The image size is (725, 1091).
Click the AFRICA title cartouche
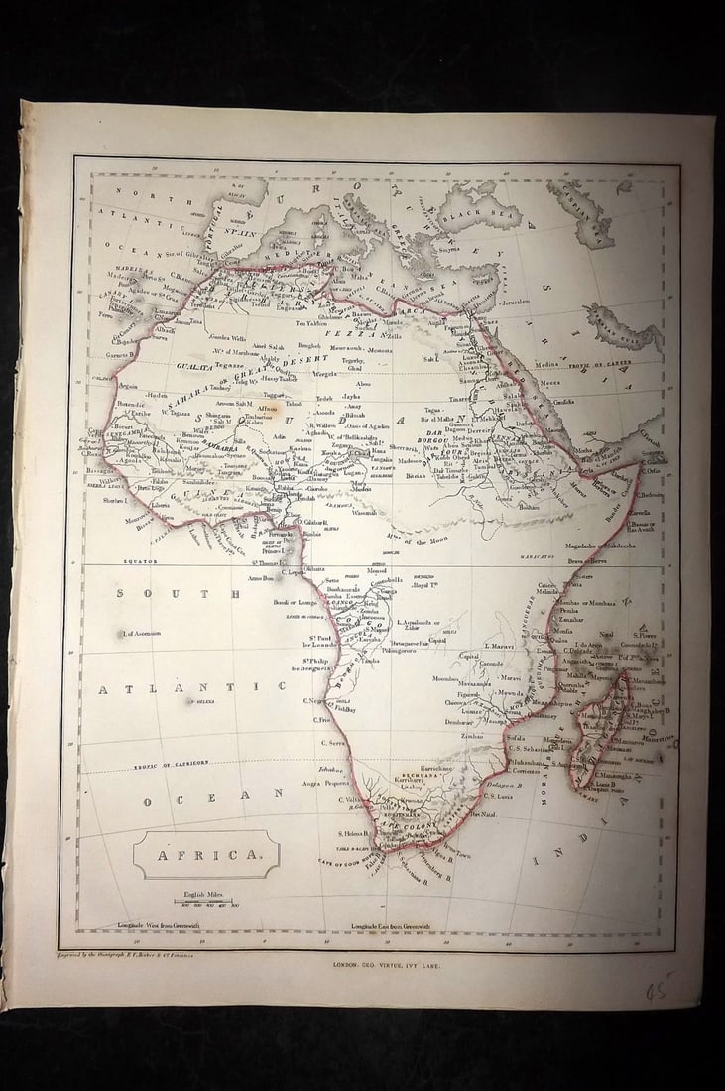pyautogui.click(x=206, y=854)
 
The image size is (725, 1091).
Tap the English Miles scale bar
pyautogui.click(x=203, y=900)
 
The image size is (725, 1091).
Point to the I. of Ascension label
pyautogui.click(x=141, y=633)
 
